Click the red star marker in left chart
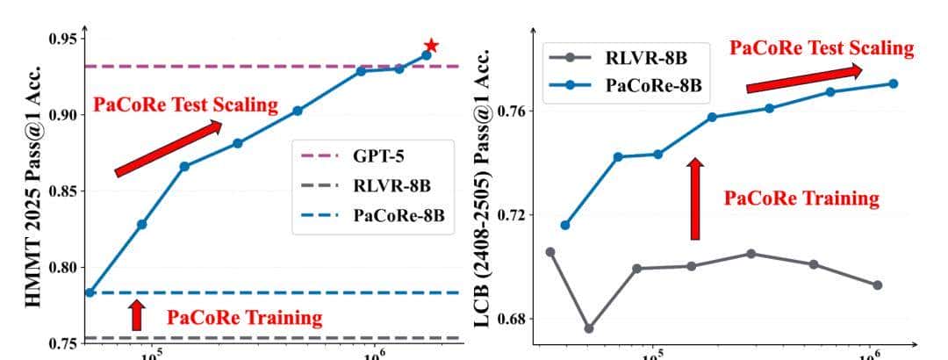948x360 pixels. (x=431, y=46)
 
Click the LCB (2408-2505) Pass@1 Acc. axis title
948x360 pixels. (x=486, y=190)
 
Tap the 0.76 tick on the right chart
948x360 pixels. (x=514, y=112)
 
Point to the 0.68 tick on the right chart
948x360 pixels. (x=514, y=319)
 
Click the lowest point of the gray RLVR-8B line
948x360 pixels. (x=588, y=328)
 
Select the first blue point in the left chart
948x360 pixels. (x=90, y=292)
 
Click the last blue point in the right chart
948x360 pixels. (x=893, y=83)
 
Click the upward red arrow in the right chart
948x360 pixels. (x=695, y=198)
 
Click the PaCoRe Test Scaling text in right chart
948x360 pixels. (x=822, y=47)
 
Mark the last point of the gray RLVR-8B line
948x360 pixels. (x=876, y=284)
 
